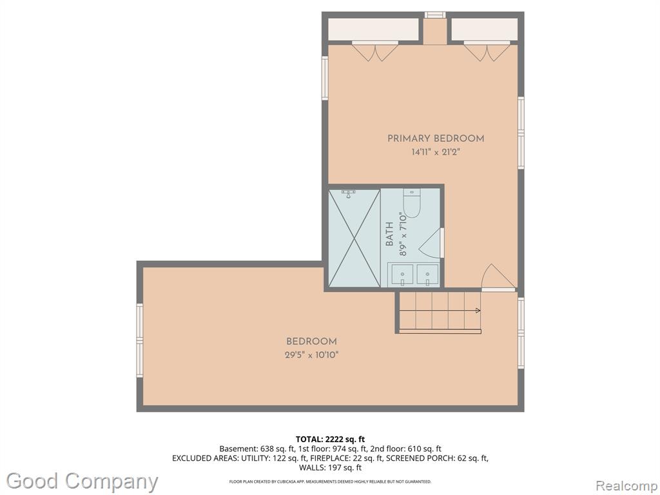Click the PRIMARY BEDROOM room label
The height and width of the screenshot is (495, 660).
coord(436,139)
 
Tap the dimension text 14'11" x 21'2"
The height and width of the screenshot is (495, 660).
coord(436,152)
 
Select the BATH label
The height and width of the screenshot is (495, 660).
coord(389,234)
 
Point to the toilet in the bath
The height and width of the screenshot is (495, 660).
coord(412,203)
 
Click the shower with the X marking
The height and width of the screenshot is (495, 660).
coord(354,238)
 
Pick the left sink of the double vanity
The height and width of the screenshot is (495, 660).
coord(403,275)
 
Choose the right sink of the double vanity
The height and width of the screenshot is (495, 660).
coord(428,275)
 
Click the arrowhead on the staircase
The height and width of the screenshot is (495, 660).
coord(478,311)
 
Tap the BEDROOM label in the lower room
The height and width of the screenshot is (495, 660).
coord(311,342)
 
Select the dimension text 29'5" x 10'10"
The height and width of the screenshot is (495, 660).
coord(311,355)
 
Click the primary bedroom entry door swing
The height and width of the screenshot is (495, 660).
coord(498,278)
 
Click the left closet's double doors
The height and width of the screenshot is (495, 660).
coord(375,52)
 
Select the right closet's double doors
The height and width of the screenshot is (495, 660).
coord(487,52)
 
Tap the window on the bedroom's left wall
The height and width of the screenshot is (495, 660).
coord(139,340)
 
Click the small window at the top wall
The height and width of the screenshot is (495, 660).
coord(435,15)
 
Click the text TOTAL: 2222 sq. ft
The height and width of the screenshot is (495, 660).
coord(330,440)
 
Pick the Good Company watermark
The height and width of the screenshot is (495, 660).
coord(82,481)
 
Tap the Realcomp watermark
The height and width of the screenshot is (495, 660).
coord(626,486)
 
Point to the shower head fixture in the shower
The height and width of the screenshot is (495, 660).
coord(348,193)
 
